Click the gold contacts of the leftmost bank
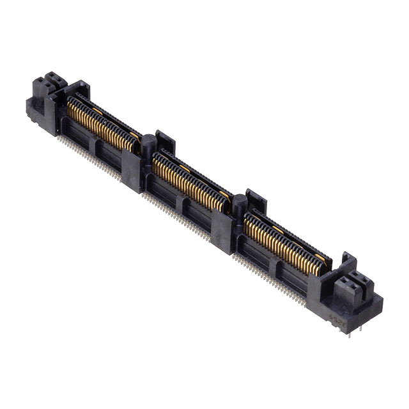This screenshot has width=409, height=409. click(x=102, y=125)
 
